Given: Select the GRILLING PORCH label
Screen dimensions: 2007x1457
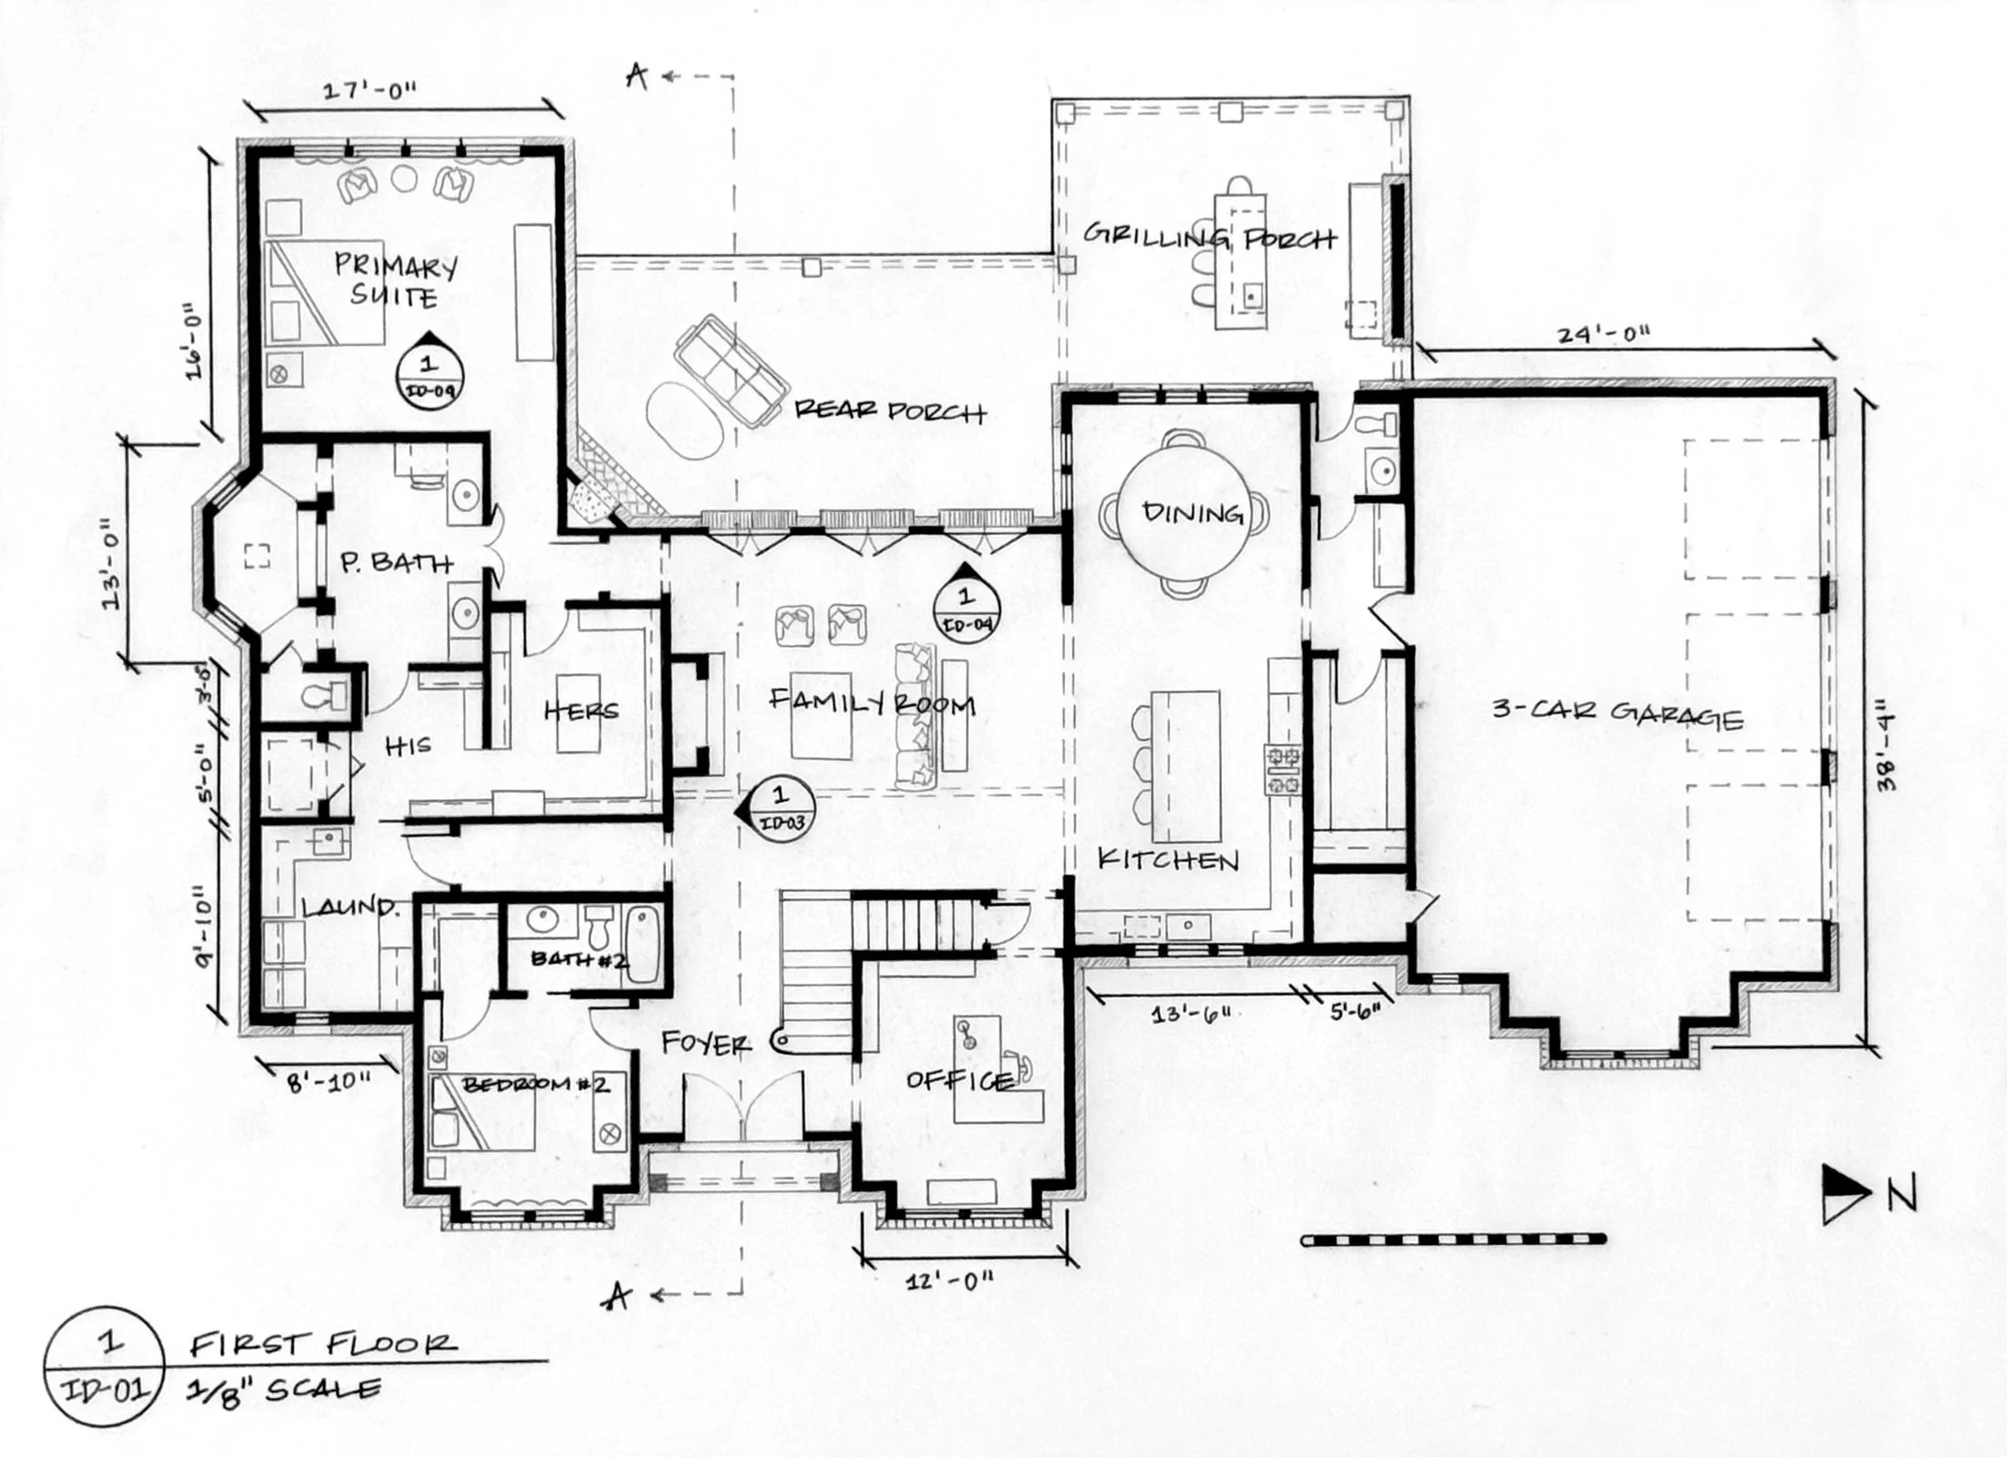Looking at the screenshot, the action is coord(1208,237).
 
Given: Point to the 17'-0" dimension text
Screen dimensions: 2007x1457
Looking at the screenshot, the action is coord(368,90).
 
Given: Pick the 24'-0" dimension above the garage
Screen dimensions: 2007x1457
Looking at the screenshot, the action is coord(1603,334).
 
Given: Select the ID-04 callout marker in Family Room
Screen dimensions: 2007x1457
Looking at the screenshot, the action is coord(965,604).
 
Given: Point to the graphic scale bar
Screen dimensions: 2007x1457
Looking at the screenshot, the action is coord(1453,1239).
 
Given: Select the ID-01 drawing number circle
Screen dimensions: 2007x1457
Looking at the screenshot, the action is coord(103,1366).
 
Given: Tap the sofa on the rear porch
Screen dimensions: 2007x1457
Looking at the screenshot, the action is coord(731,372).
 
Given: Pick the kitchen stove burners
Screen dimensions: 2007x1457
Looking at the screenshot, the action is coord(1283,769).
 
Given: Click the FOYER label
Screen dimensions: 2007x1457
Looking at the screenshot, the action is coord(705,1043).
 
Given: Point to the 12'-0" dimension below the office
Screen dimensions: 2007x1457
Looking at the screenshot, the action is coord(949,1281).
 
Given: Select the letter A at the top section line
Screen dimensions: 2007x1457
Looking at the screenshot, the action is coord(637,78).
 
